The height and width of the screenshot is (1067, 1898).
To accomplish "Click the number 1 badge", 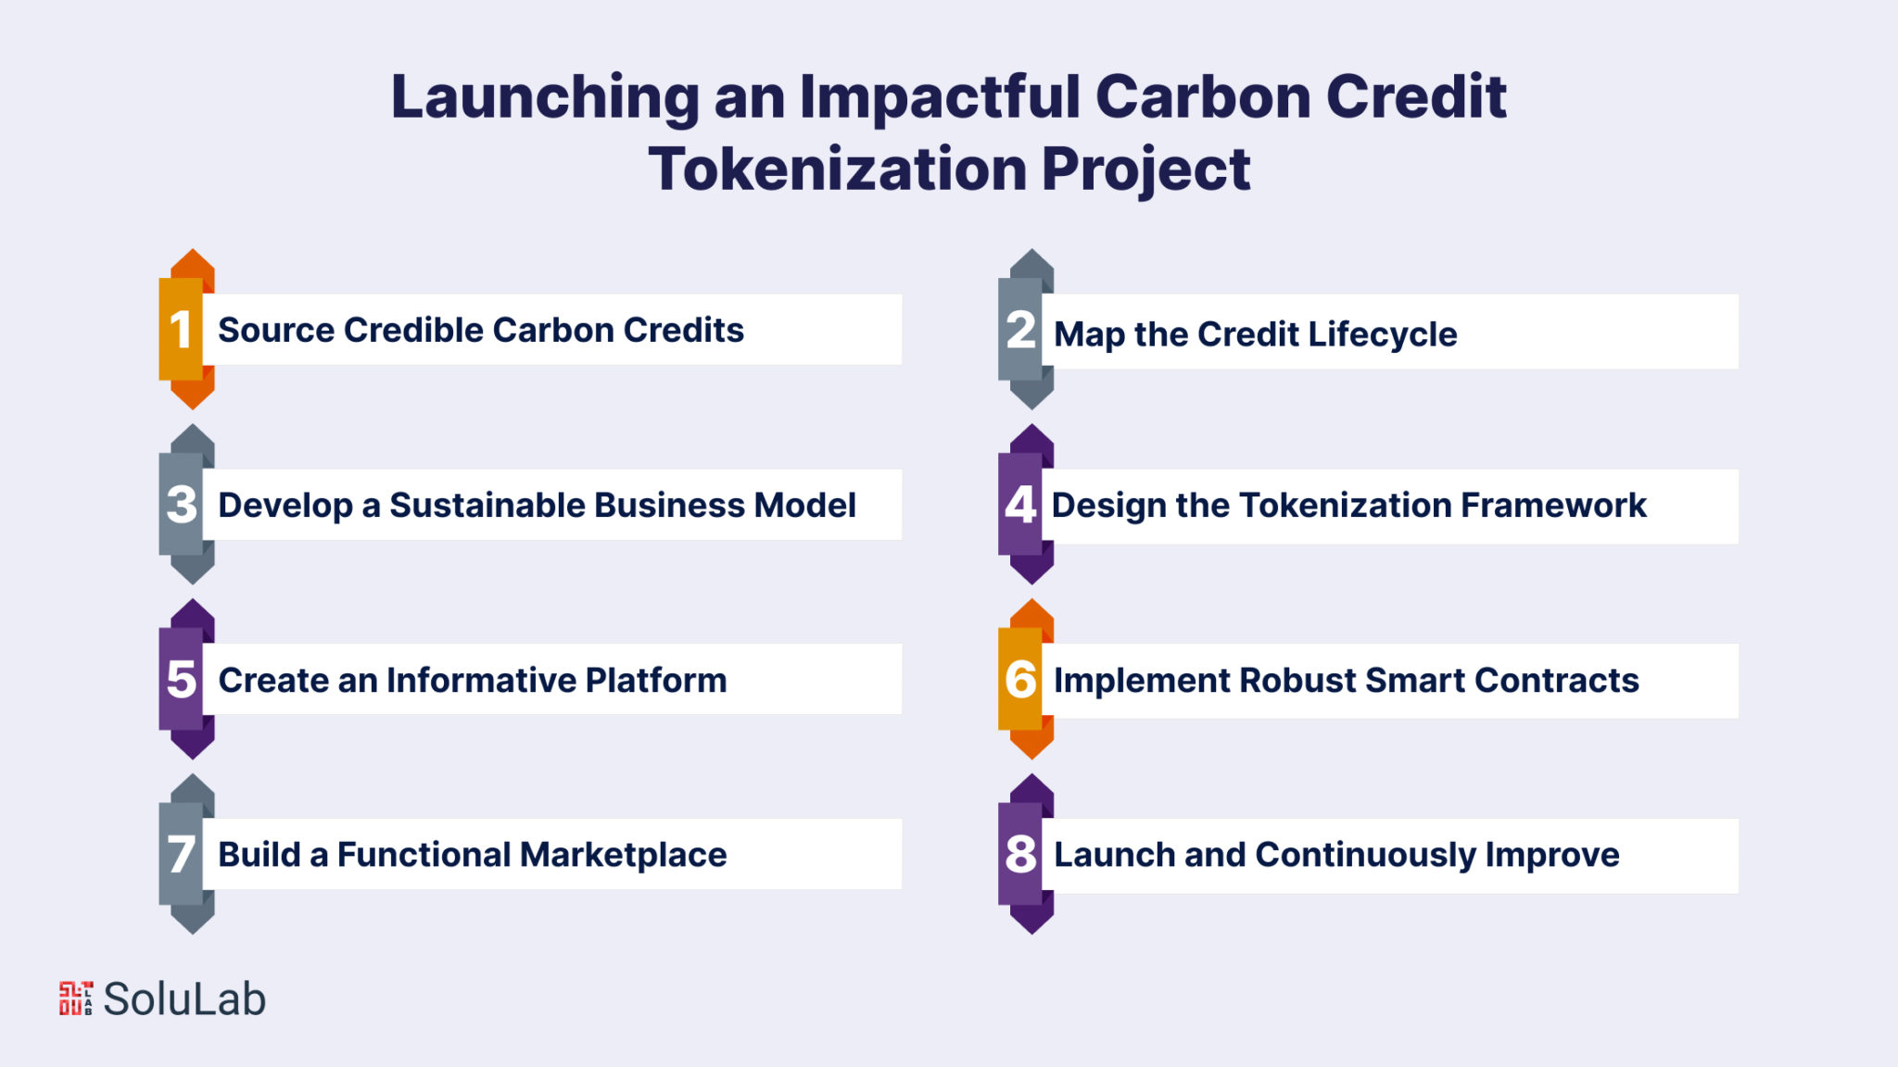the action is (x=185, y=329).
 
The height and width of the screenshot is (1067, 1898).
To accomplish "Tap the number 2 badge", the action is (x=1025, y=329).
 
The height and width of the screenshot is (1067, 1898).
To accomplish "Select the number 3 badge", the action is (x=185, y=504).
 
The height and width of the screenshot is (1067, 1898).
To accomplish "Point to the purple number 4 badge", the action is (x=1025, y=504).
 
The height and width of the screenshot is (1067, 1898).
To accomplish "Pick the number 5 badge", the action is (x=185, y=679).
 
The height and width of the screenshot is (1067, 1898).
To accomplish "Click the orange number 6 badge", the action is (x=1025, y=679).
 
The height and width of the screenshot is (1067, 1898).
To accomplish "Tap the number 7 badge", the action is (x=185, y=854).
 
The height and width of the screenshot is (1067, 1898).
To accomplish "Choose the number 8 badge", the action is (x=1025, y=854).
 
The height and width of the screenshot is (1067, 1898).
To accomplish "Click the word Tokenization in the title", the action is (x=838, y=169).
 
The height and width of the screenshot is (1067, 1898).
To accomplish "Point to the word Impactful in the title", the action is (x=940, y=96).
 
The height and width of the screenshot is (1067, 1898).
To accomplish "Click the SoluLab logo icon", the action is (x=76, y=998).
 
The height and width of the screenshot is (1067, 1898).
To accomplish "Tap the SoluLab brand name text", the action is (x=184, y=998).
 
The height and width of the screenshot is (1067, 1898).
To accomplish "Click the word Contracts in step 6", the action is (x=1557, y=680).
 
